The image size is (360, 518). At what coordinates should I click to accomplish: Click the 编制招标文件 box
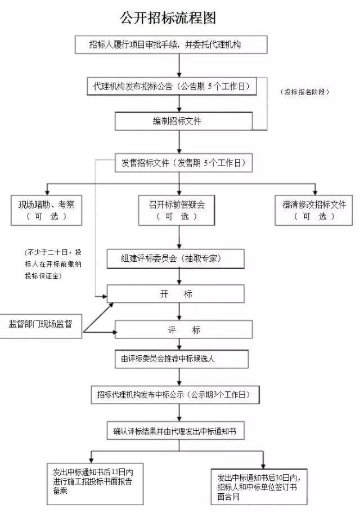click(x=177, y=121)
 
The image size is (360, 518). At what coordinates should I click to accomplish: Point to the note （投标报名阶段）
click(x=304, y=92)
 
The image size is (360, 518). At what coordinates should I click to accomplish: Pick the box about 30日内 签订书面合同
click(x=259, y=485)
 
